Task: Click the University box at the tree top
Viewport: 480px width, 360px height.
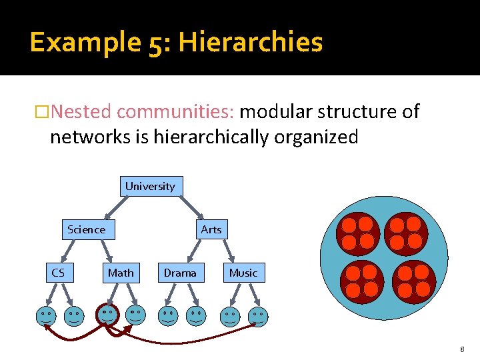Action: click(151, 186)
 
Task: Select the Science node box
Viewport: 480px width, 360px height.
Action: click(86, 229)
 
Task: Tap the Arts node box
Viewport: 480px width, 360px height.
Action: click(211, 229)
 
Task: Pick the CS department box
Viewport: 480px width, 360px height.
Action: click(58, 273)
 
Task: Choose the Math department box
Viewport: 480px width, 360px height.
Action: click(121, 273)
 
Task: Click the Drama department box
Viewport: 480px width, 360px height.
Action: click(180, 273)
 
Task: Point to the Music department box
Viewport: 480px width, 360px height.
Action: click(243, 273)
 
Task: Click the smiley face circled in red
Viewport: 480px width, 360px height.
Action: click(107, 314)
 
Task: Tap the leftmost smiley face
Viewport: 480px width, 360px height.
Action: click(46, 316)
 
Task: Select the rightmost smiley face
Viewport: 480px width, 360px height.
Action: click(257, 317)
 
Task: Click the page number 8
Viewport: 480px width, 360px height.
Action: click(461, 349)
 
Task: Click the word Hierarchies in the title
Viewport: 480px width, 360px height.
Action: click(251, 43)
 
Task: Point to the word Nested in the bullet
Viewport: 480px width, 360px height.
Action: click(81, 111)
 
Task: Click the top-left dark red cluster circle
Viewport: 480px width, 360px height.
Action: click(358, 233)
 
